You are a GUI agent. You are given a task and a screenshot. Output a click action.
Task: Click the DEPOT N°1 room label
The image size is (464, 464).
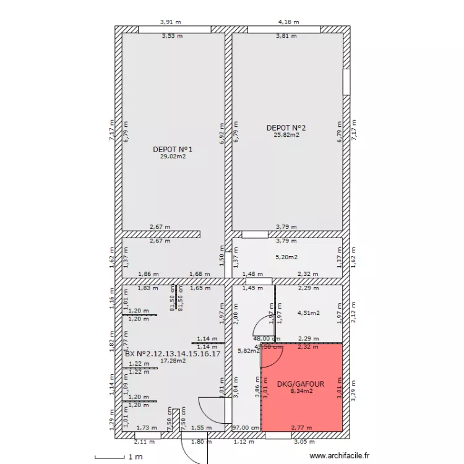tap(173, 149)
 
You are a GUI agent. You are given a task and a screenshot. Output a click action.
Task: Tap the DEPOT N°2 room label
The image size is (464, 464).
tap(286, 128)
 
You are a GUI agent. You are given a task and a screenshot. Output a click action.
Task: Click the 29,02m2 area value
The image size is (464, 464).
tap(173, 157)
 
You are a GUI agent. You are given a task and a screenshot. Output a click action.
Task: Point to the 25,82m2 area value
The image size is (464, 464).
tap(286, 135)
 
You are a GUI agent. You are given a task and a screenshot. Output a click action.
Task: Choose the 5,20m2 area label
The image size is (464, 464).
tap(286, 257)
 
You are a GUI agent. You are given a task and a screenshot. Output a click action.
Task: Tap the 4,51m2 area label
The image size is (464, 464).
tap(309, 313)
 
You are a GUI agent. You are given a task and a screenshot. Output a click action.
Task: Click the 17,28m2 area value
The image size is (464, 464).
tap(173, 360)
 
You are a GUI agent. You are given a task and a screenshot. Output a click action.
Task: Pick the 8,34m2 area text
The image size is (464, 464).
tap(301, 391)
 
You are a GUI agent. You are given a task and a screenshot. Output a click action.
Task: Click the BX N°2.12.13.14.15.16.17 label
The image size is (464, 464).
tap(173, 353)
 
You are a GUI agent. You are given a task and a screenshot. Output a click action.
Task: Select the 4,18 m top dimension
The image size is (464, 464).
tap(288, 22)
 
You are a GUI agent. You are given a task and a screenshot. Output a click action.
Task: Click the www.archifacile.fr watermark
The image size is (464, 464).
tap(338, 456)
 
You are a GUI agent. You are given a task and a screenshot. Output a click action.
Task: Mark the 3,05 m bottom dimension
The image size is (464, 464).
tap(303, 442)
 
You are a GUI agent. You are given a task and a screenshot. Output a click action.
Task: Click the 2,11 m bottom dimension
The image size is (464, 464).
tap(144, 442)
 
